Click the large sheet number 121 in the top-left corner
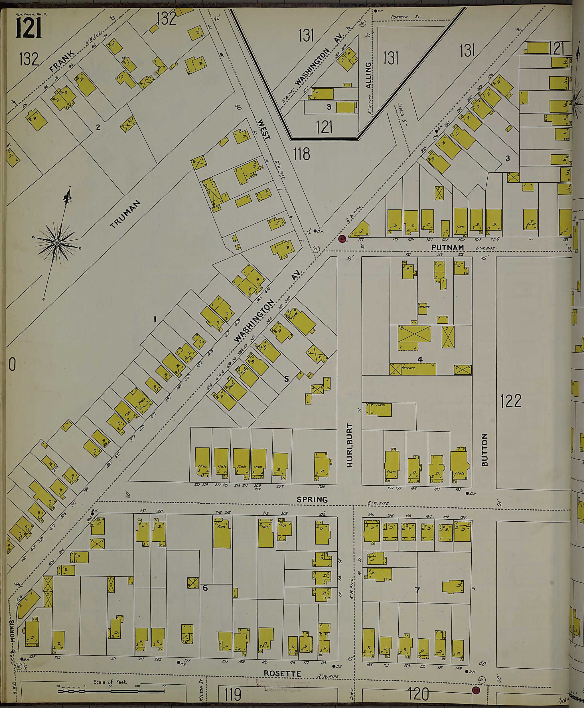pos(29,28)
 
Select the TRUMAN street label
pos(125,214)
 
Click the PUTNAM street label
pos(447,247)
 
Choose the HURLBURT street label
pos(350,445)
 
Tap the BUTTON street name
pos(484,449)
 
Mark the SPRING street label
pos(312,500)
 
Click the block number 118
pos(301,154)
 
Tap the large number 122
pos(511,401)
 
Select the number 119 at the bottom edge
pos(233,694)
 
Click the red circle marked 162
pos(342,239)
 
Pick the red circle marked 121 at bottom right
pos(476,691)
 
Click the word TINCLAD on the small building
pos(424,307)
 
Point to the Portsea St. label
pos(410,17)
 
